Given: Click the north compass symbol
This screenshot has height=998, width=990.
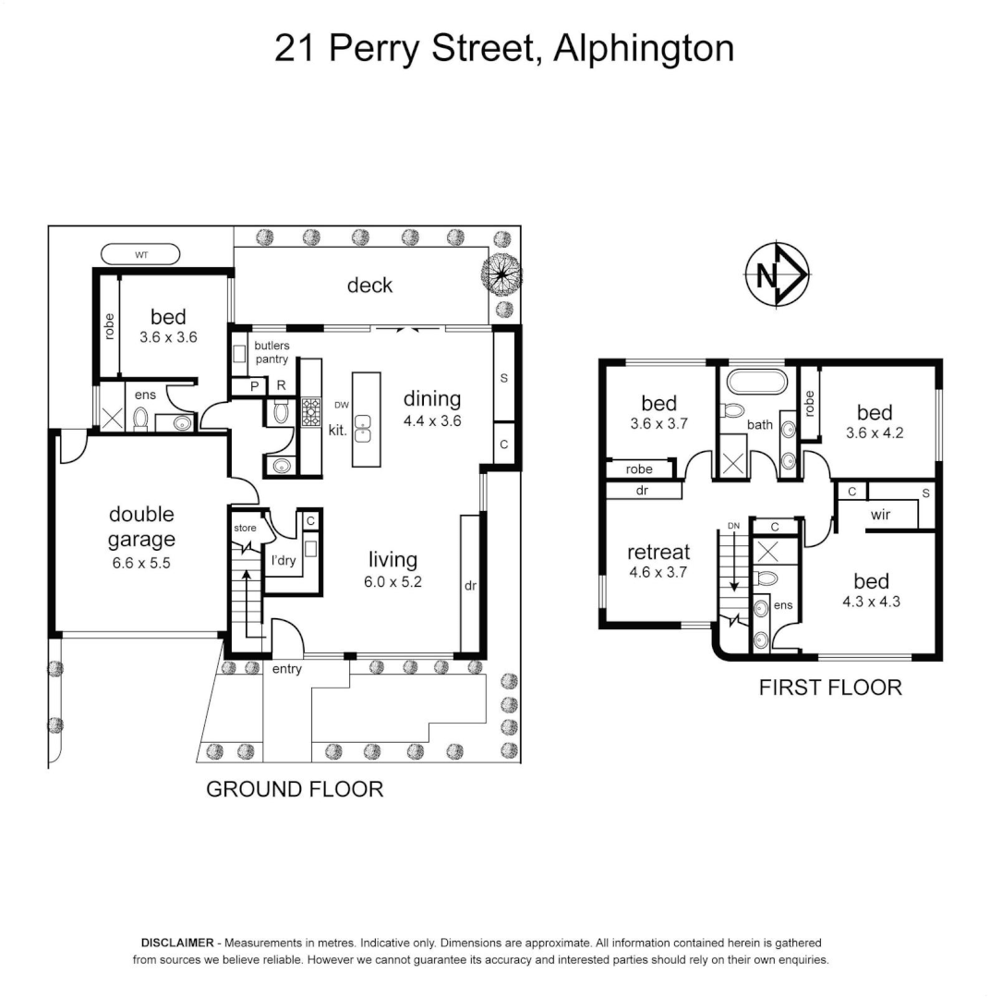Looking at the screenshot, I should click(x=777, y=274).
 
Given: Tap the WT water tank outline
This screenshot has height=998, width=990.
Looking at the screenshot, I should click(x=141, y=252).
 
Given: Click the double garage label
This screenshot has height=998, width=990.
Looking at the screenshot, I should click(x=141, y=527).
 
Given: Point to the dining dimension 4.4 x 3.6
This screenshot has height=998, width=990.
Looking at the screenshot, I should click(x=431, y=420).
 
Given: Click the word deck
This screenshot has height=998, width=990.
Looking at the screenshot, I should click(x=369, y=286).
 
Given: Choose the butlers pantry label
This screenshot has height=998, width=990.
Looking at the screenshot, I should click(x=272, y=353).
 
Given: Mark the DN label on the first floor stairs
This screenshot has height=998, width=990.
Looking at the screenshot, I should click(x=733, y=526).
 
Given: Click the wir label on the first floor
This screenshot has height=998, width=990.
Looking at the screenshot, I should click(x=880, y=515).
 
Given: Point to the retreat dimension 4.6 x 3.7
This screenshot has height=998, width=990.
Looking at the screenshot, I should click(x=658, y=573).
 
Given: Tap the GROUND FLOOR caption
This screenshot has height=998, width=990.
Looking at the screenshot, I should click(x=294, y=789).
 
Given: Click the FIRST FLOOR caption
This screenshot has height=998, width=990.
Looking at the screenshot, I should click(x=829, y=688).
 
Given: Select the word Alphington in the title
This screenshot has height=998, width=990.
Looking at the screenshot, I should click(x=643, y=48).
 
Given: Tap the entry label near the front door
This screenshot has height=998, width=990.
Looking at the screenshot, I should click(x=286, y=669).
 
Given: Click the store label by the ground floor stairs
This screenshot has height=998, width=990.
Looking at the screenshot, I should click(x=245, y=529).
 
